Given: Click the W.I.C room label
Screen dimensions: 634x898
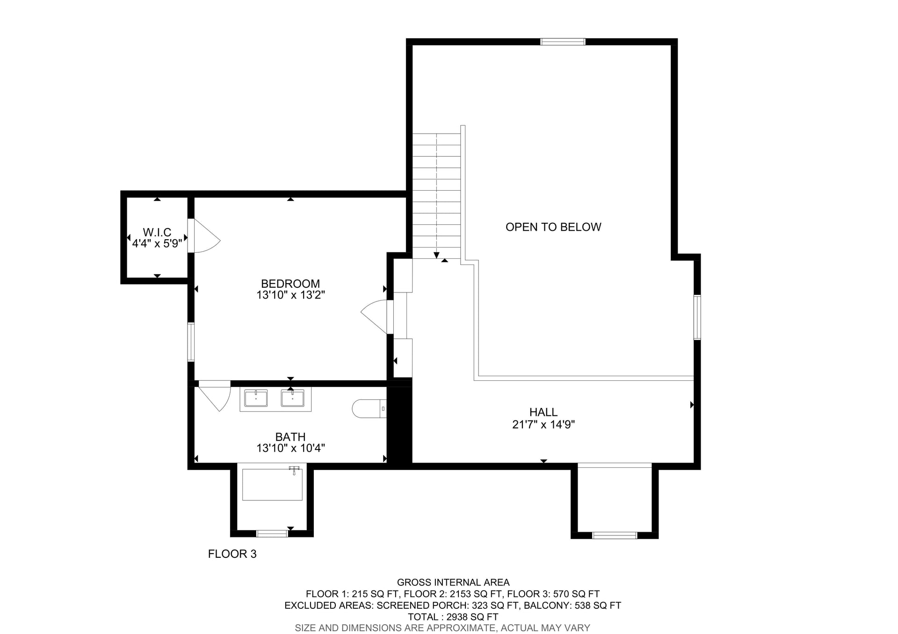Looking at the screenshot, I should pos(157,232).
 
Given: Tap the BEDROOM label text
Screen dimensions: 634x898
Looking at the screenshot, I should pos(290,284).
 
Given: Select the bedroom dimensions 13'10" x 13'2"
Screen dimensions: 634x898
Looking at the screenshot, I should pos(290,295).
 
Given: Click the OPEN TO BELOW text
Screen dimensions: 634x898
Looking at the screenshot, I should pos(553,227).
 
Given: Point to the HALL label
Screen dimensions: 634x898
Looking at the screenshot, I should pos(543,412).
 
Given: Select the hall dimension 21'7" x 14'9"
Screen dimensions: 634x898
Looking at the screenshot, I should pos(543,424).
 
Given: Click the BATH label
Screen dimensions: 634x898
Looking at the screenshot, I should pos(290,437).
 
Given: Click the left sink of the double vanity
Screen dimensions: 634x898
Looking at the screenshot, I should pos(256,398).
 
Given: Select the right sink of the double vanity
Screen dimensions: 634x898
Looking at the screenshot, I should pos(292,398).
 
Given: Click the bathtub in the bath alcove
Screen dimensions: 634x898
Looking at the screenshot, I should pos(272,484).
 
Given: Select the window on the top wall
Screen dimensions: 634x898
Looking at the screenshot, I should pos(563,42).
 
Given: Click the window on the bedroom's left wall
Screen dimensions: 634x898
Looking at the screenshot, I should pos(191,342).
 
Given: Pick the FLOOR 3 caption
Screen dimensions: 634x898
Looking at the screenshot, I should pos(232,554).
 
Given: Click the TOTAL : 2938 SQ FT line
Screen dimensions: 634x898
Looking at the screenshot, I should pos(452,617).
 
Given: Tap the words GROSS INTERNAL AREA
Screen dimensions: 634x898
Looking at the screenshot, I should pos(453,583).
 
